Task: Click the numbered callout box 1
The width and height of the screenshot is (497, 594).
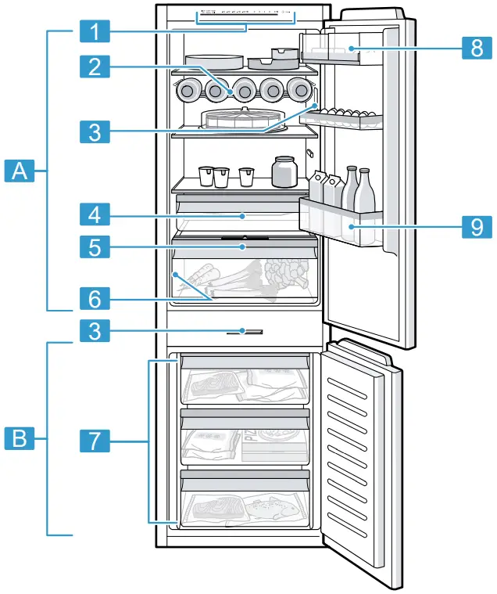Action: click(95, 33)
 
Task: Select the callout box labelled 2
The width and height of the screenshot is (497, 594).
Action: click(95, 67)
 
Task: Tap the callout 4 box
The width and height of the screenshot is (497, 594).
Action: click(95, 214)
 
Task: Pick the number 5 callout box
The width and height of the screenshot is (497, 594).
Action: click(95, 248)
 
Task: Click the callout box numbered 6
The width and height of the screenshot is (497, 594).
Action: click(95, 298)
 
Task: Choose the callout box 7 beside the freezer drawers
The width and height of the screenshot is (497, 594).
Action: click(95, 441)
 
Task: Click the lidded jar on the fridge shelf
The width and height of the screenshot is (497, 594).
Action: click(284, 171)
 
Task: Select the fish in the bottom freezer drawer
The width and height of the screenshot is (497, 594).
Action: click(274, 509)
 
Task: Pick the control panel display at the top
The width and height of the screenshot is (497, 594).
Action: click(245, 14)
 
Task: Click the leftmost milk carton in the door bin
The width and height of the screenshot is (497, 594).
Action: click(319, 188)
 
